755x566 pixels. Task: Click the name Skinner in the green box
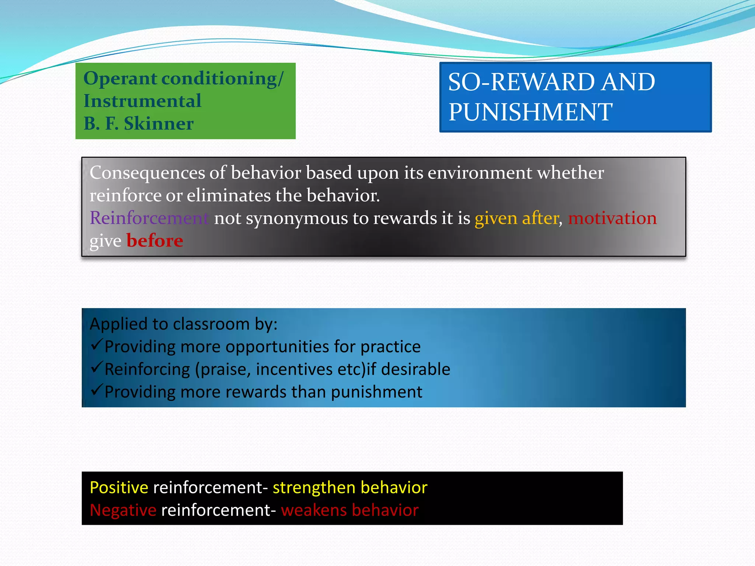pyautogui.click(x=159, y=123)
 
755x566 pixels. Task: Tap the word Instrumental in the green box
pyautogui.click(x=142, y=101)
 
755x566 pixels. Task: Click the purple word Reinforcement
pyautogui.click(x=149, y=218)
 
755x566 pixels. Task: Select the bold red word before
pyautogui.click(x=155, y=241)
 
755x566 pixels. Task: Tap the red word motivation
pyautogui.click(x=612, y=218)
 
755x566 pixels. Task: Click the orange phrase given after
pyautogui.click(x=517, y=218)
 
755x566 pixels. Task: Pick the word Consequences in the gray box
pyautogui.click(x=147, y=172)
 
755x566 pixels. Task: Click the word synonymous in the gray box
pyautogui.click(x=296, y=219)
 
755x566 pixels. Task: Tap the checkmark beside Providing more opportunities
pyautogui.click(x=96, y=345)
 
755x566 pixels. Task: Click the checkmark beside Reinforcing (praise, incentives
pyautogui.click(x=96, y=367)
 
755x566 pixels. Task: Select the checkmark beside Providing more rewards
pyautogui.click(x=96, y=390)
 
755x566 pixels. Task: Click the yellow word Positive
pyautogui.click(x=119, y=488)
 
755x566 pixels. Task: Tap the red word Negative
pyautogui.click(x=123, y=510)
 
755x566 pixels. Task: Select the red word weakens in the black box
pyautogui.click(x=314, y=510)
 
